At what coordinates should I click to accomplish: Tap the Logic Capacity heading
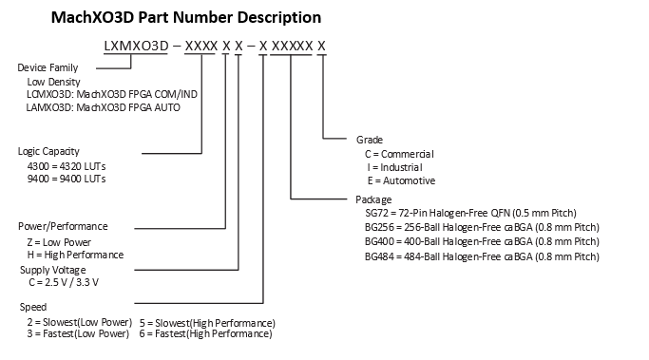48,152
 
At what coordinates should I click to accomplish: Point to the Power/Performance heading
63,227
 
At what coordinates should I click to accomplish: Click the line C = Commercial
399,153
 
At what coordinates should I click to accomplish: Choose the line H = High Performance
75,255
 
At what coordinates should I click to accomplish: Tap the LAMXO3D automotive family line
104,107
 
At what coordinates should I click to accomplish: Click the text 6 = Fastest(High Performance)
206,334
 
